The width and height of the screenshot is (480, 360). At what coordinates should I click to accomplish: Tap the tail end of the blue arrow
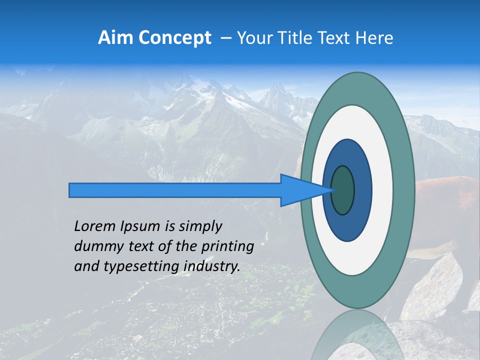(72, 190)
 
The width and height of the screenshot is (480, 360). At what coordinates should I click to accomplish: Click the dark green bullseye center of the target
(342, 190)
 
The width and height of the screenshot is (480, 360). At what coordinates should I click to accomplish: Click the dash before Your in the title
(225, 38)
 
